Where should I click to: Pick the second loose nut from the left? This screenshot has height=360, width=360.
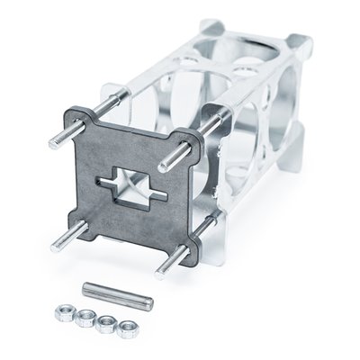pyautogui.click(x=85, y=316)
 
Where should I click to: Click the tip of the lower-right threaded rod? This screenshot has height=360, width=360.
pyautogui.click(x=159, y=272)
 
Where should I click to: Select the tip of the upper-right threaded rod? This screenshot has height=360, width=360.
pyautogui.click(x=163, y=167)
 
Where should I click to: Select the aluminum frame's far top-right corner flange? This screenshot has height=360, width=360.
pyautogui.click(x=302, y=45)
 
